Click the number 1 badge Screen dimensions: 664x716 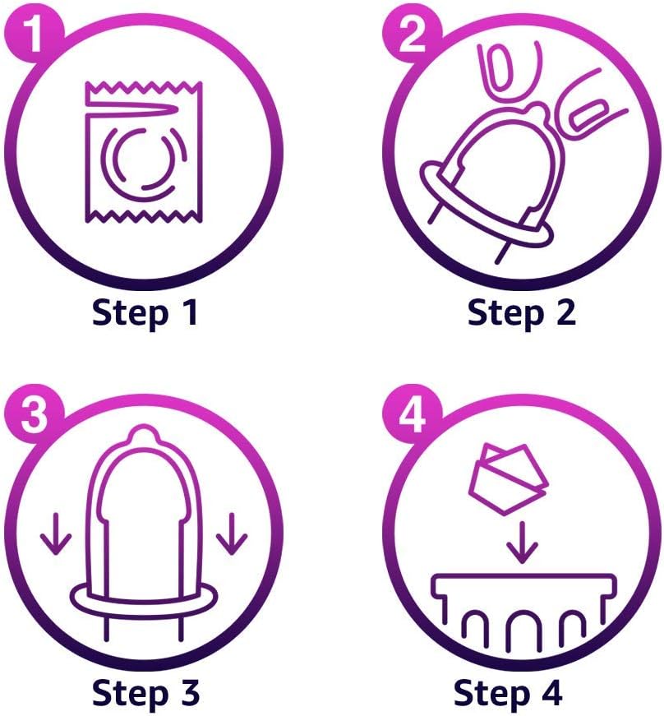[x=34, y=34]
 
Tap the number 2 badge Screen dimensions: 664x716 [x=412, y=34]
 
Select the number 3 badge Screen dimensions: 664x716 [x=34, y=414]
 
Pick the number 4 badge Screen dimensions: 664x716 [x=412, y=414]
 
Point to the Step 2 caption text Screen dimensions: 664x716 [x=522, y=314]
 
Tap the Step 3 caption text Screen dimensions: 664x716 [x=145, y=693]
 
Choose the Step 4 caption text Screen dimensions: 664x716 [x=508, y=693]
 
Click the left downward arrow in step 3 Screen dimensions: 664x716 [x=56, y=534]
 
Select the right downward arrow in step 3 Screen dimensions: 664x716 [x=232, y=534]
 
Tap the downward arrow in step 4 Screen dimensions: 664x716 [x=522, y=543]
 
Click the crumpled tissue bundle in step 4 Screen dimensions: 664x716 [x=509, y=479]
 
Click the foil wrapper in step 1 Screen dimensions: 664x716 [x=144, y=153]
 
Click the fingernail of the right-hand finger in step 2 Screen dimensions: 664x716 [x=588, y=114]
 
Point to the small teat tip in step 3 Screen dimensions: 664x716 [x=144, y=434]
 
